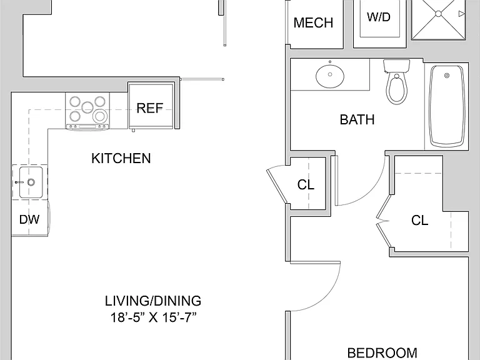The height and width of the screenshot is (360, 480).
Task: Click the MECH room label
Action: click(313, 23)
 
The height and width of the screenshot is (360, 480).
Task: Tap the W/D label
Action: click(379, 17)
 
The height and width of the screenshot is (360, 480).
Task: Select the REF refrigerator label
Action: click(150, 108)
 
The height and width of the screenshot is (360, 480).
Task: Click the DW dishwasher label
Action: click(29, 219)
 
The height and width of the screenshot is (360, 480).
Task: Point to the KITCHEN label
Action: click(121, 159)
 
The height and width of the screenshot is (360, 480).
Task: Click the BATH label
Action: click(357, 119)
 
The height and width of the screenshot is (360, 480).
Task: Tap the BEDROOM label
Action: click(382, 353)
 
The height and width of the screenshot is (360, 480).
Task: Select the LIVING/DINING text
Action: click(153, 301)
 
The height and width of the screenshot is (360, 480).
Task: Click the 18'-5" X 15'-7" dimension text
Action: click(153, 317)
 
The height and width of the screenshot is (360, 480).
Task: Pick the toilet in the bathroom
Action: click(397, 81)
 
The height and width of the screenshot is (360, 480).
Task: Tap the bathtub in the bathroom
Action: click(447, 106)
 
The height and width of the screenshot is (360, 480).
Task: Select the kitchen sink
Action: click(31, 182)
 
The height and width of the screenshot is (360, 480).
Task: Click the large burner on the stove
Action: click(100, 116)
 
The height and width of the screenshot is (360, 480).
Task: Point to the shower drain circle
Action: click(438, 14)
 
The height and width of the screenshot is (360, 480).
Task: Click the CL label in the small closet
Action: click(306, 184)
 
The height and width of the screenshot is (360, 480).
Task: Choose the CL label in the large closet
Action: click(420, 221)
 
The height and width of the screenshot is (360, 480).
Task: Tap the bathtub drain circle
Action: click(447, 75)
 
